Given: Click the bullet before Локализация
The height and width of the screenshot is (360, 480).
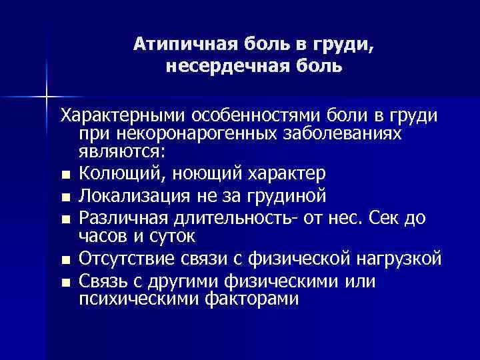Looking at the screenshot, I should pos(64,197).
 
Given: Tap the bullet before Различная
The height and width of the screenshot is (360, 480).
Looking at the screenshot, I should pos(64,219).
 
